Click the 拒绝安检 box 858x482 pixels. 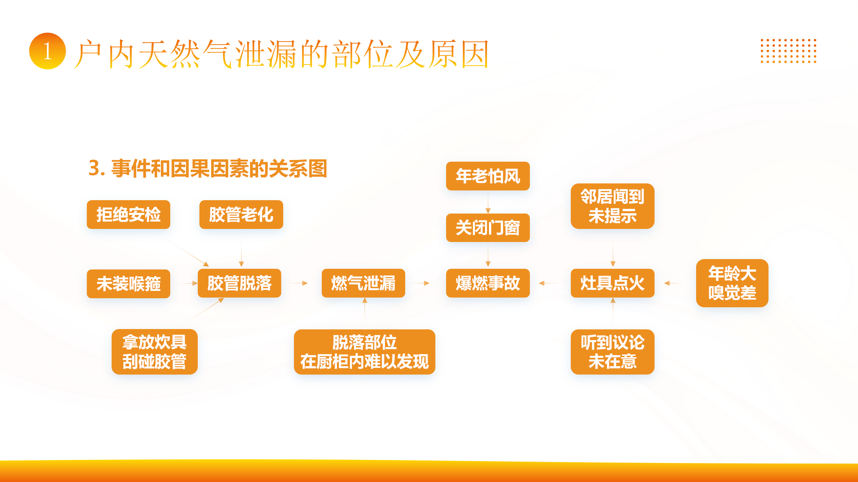[128, 215]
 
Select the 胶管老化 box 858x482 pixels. [241, 215]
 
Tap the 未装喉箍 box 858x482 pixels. [128, 284]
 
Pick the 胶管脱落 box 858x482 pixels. [239, 283]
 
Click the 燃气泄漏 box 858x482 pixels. [363, 283]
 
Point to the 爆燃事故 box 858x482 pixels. [488, 283]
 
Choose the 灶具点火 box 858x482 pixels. [613, 283]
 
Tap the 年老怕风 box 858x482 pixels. [488, 176]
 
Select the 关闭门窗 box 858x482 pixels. [488, 228]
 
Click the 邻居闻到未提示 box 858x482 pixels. [613, 206]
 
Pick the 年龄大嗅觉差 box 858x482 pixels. [732, 283]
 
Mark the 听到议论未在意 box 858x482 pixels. [613, 352]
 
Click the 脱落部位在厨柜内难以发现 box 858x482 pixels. [365, 352]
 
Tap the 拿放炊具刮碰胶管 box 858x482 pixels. [155, 352]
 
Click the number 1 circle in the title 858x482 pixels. [48, 51]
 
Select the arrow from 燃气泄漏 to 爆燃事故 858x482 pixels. [420, 283]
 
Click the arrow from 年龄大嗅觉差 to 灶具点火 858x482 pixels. [675, 283]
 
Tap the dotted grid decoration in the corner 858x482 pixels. [788, 51]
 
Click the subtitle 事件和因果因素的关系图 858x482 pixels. [219, 168]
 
